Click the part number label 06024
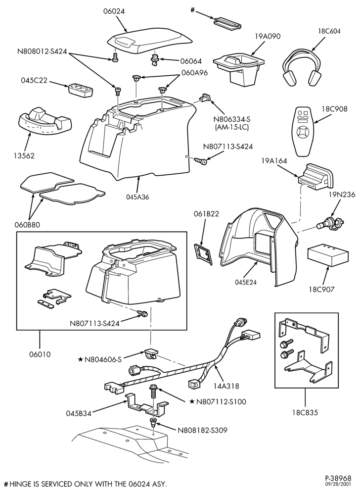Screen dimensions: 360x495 pyautogui.click(x=114, y=11)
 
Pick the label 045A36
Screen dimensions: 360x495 pyautogui.click(x=138, y=197)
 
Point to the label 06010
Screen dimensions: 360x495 pyautogui.click(x=40, y=354)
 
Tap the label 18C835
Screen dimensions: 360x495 pyautogui.click(x=306, y=412)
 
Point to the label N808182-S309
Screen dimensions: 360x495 pyautogui.click(x=202, y=430)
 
